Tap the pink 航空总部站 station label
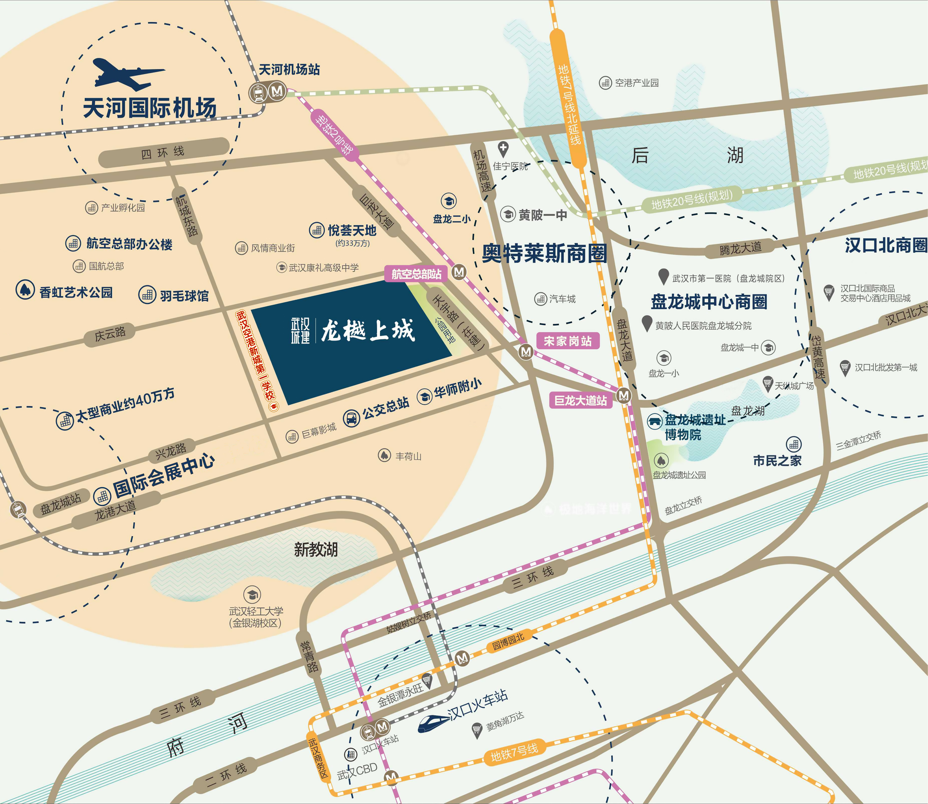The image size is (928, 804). pyautogui.click(x=416, y=274)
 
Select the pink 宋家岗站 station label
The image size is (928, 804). pyautogui.click(x=568, y=341)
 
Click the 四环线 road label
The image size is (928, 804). pyautogui.click(x=163, y=153)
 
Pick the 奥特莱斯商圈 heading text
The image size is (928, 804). pyautogui.click(x=544, y=253)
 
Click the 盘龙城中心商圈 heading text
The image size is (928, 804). pyautogui.click(x=709, y=301)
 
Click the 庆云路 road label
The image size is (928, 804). pyautogui.click(x=110, y=334)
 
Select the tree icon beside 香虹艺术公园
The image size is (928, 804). pyautogui.click(x=25, y=290)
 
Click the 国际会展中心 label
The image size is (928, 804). pyautogui.click(x=163, y=476)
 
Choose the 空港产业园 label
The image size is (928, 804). pyautogui.click(x=636, y=83)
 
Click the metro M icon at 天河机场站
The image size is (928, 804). pyautogui.click(x=277, y=91)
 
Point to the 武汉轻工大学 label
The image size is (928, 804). pyautogui.click(x=256, y=611)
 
